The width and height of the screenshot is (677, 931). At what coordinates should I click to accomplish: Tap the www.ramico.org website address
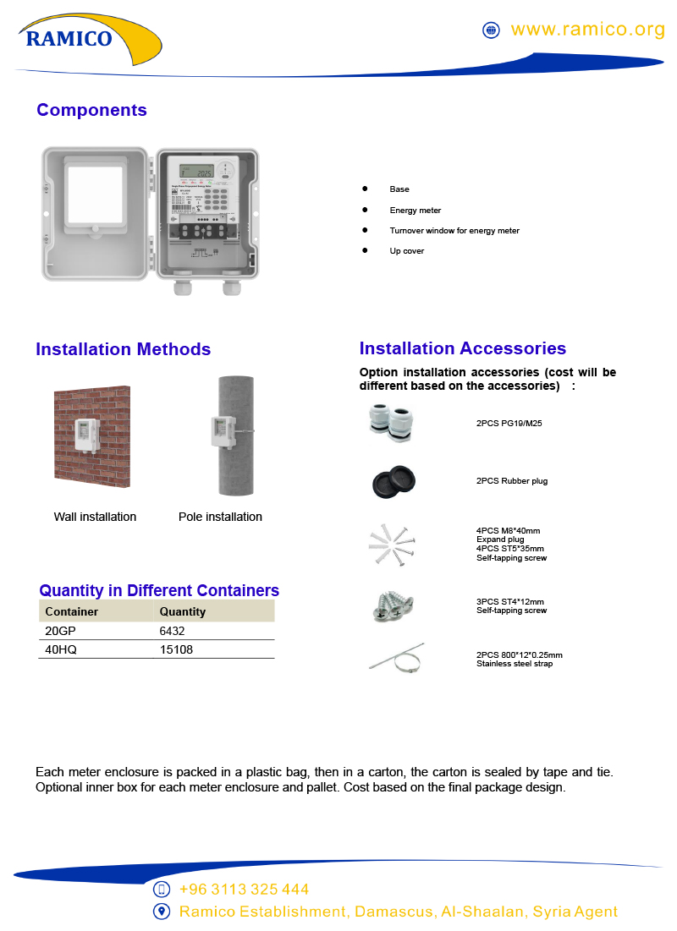tap(588, 30)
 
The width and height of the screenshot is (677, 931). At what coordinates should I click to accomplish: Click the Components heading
tap(91, 110)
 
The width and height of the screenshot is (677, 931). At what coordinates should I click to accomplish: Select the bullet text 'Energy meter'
tap(416, 210)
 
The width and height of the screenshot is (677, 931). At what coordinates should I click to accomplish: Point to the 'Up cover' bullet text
tap(407, 251)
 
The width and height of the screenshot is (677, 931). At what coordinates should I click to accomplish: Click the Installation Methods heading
tap(123, 349)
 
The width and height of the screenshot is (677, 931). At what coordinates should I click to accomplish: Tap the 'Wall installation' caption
tap(95, 517)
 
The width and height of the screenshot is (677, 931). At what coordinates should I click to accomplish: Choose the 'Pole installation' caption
tap(220, 517)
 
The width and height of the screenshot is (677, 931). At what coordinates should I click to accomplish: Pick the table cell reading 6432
tap(172, 631)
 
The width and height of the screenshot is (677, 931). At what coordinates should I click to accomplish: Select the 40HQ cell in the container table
tap(59, 649)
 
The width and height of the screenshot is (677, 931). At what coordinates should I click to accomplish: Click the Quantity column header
tap(183, 611)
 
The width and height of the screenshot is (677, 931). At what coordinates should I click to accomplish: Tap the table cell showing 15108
tap(175, 649)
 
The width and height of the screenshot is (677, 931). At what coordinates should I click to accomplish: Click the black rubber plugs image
tap(392, 482)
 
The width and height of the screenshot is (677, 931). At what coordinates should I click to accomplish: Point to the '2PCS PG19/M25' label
tap(509, 423)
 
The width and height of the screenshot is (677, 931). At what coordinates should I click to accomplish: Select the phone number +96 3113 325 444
tap(244, 890)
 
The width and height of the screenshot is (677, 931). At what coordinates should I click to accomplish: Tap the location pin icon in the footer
tap(162, 912)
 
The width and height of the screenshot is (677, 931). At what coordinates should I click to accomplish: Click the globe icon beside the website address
tap(491, 30)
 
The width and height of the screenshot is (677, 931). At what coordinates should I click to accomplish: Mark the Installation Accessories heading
tap(463, 348)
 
